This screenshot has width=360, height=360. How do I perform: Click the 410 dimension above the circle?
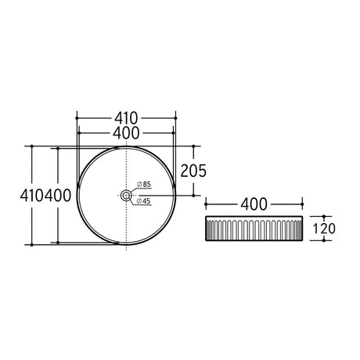(126, 118)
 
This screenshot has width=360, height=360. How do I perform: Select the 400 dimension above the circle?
(126, 133)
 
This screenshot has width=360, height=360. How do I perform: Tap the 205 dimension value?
(193, 171)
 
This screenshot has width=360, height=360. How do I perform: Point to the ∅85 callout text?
(144, 184)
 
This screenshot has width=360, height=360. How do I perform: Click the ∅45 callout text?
(144, 201)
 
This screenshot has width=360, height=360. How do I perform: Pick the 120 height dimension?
(324, 229)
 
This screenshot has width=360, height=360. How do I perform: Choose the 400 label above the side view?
(254, 204)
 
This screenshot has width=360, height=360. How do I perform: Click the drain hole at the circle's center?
(127, 195)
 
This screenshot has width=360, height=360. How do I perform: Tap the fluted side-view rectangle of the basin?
(254, 229)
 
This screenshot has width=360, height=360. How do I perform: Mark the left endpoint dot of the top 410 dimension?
(77, 118)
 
